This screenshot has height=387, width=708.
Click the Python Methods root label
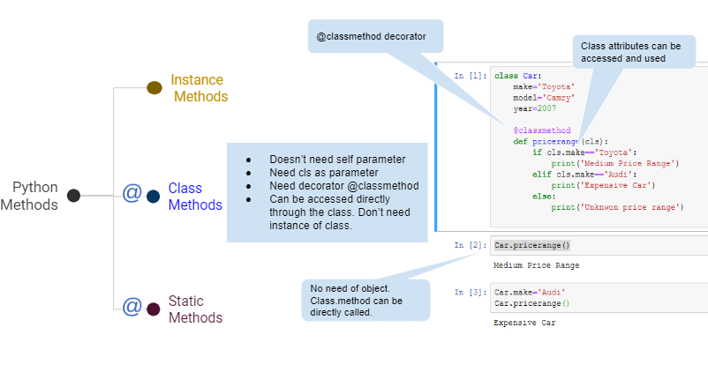coord(30,196)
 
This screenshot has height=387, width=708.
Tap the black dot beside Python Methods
coord(74,196)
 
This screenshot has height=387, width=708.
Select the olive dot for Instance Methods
coord(154,87)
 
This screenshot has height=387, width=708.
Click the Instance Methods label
coord(199,88)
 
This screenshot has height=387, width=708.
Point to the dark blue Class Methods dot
coord(154,196)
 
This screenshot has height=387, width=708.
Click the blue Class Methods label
coord(195,196)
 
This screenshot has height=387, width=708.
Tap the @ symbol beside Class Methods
coord(132,193)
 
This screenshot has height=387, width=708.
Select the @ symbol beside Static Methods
coord(132,306)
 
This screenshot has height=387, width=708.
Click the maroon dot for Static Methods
coord(154,309)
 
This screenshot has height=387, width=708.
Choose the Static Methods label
coord(195,309)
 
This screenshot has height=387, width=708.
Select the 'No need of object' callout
coord(365,300)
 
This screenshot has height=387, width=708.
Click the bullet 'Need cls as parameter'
coord(323,173)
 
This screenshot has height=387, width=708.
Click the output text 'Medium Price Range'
coord(537,265)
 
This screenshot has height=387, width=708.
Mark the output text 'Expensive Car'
coord(524,323)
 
